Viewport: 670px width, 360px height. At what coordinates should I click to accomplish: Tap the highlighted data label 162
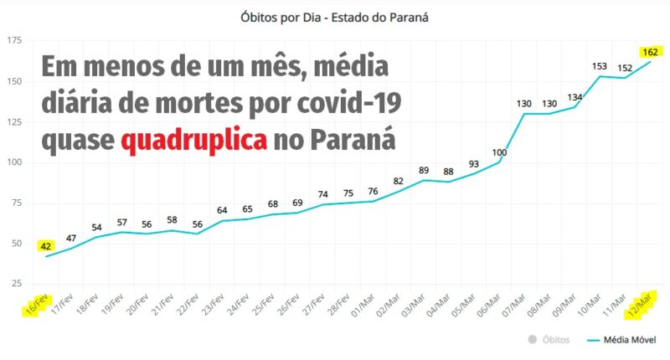tap(650, 52)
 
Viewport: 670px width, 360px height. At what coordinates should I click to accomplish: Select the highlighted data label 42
tap(46, 246)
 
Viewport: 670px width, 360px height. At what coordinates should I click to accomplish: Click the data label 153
tap(600, 66)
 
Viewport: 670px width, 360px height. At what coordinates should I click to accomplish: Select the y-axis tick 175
tap(14, 41)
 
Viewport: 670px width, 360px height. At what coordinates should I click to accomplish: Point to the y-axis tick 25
tap(18, 284)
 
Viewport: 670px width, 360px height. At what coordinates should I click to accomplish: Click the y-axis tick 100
tap(14, 162)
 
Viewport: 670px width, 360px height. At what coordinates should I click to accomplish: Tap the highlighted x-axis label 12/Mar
tap(641, 305)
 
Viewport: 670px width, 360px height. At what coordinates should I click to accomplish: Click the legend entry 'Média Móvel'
tap(628, 341)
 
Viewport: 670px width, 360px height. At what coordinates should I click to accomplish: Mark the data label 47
tap(71, 239)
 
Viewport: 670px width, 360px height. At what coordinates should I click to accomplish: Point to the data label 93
tap(473, 163)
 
